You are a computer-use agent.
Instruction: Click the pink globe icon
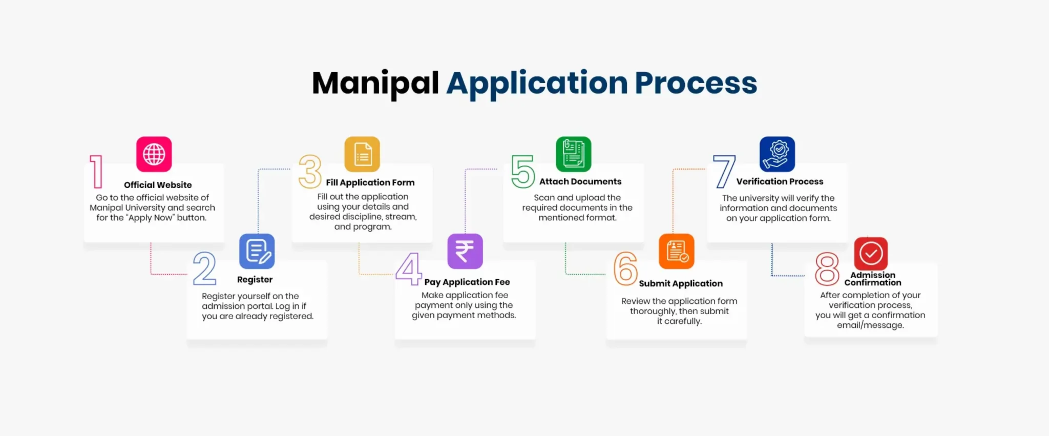click(x=154, y=154)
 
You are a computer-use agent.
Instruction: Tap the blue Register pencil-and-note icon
click(x=257, y=252)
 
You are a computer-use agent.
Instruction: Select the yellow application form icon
click(x=362, y=154)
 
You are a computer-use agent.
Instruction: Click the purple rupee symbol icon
click(x=465, y=252)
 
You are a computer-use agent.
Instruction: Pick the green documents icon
click(x=574, y=154)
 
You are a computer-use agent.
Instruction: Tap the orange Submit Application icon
click(x=677, y=252)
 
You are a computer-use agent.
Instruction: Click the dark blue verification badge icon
click(x=777, y=154)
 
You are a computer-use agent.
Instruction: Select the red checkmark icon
click(x=871, y=254)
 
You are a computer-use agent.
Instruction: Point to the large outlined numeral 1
click(x=96, y=172)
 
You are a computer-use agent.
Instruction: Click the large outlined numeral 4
click(x=409, y=268)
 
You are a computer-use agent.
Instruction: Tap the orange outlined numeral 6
click(x=625, y=268)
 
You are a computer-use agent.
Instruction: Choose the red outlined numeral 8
click(x=827, y=269)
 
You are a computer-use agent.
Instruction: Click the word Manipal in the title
click(x=375, y=84)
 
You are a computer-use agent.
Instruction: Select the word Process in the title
click(x=696, y=83)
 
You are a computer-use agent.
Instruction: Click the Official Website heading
click(x=158, y=185)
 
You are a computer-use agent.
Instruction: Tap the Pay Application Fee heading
click(x=467, y=282)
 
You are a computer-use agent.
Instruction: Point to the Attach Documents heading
click(x=580, y=181)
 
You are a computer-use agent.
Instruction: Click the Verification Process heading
click(x=780, y=181)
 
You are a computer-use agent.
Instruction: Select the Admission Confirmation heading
click(x=873, y=279)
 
